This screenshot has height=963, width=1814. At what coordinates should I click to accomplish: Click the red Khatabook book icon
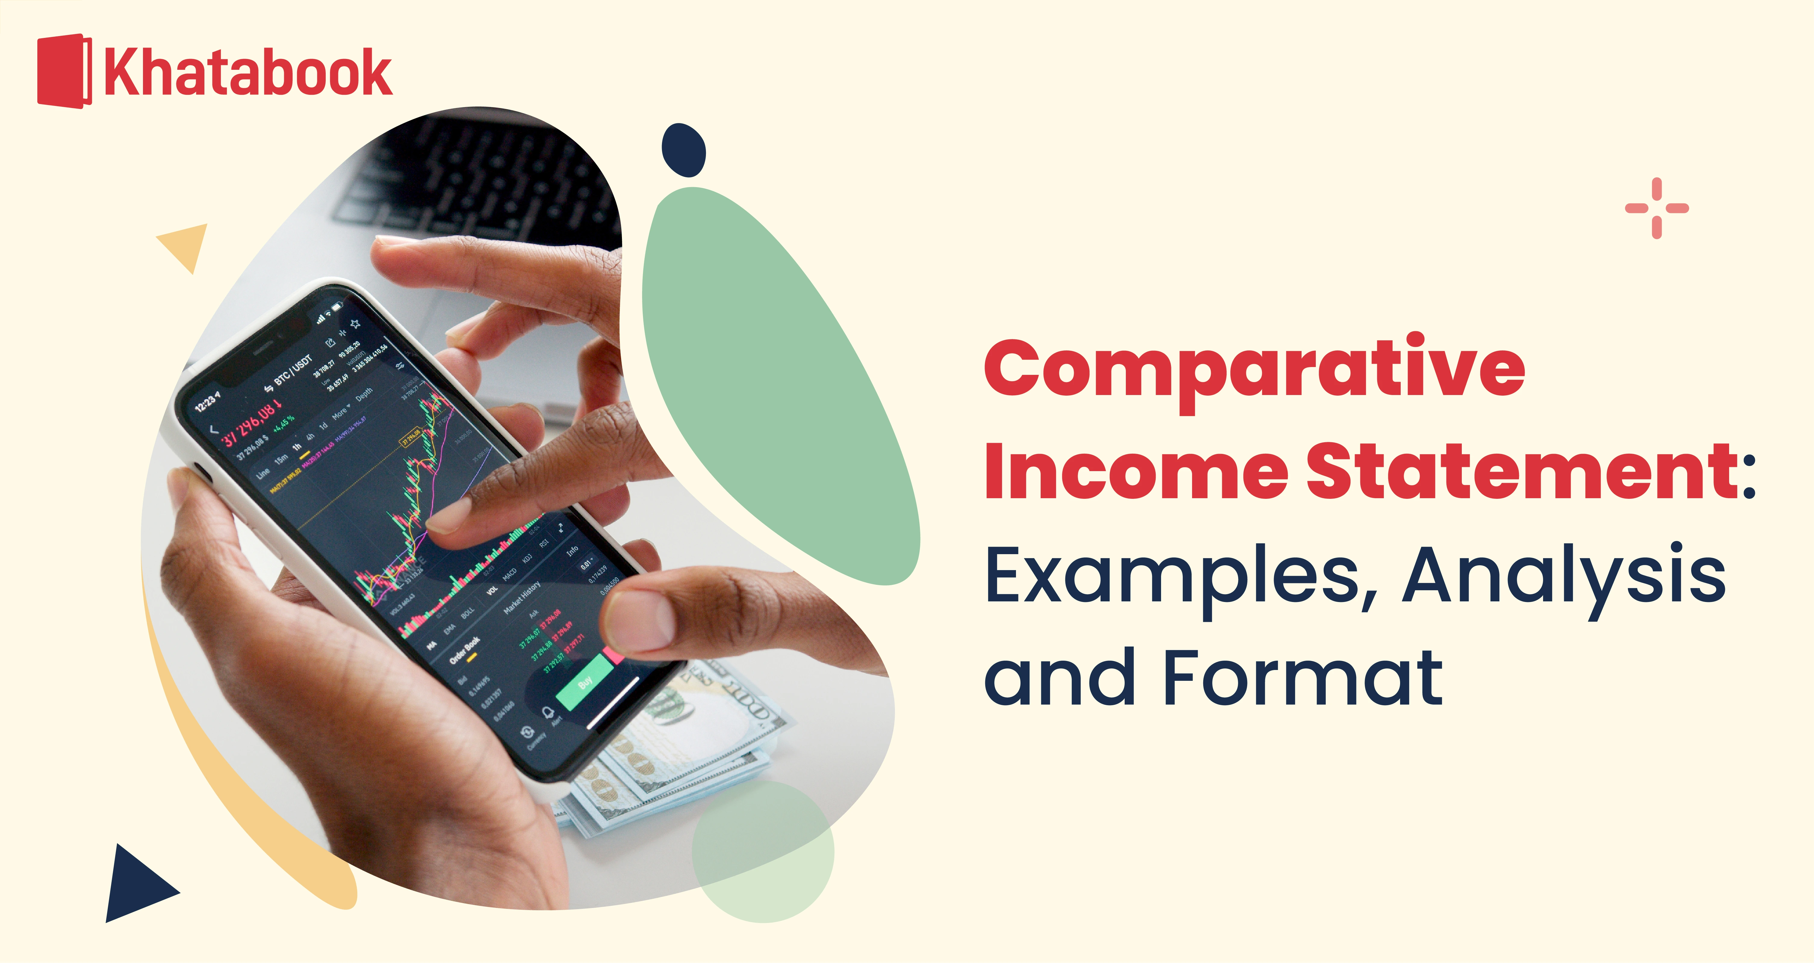coord(64,71)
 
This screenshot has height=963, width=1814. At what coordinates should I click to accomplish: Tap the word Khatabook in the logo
coord(248,73)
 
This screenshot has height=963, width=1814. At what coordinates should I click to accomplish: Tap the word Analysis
coord(1563,576)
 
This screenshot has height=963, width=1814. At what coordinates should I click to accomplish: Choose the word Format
coord(1303,677)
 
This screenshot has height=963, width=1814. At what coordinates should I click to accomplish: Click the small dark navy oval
coord(683,150)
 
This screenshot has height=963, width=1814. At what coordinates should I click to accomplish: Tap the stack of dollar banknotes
coord(676,760)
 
